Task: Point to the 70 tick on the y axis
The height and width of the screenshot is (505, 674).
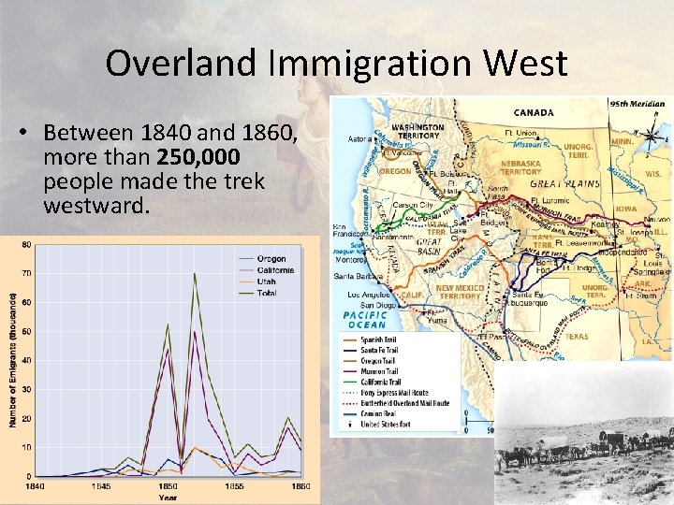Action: [26, 273]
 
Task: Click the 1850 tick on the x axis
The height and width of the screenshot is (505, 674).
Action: [168, 485]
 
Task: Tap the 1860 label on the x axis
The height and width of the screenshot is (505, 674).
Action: [300, 485]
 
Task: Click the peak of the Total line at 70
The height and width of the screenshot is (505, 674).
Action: [195, 274]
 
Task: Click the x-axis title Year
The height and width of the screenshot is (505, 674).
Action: [168, 498]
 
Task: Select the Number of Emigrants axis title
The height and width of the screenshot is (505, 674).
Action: [12, 360]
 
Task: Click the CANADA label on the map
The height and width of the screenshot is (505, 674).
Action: [534, 112]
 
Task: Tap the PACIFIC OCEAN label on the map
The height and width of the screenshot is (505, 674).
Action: [368, 321]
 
